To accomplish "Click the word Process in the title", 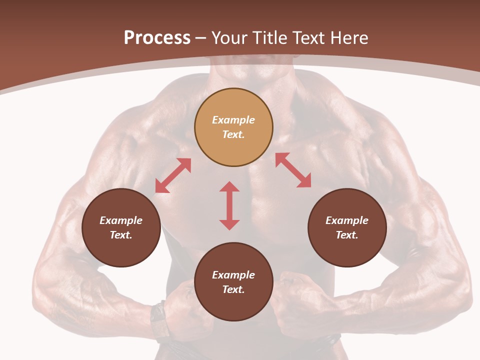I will [x=157, y=38].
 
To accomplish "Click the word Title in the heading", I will [x=269, y=38].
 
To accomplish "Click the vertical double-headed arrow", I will [x=229, y=205].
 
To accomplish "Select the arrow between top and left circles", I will [x=173, y=175].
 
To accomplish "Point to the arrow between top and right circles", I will [x=293, y=170].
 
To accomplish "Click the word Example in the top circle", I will [x=233, y=120].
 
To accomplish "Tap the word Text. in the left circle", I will [x=121, y=235].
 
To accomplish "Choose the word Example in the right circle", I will [x=347, y=220].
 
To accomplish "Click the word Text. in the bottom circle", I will [x=233, y=289].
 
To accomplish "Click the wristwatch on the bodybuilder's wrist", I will [x=159, y=319].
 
